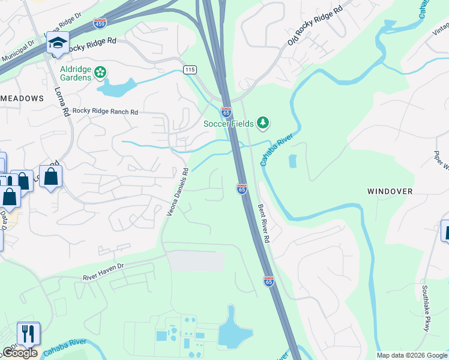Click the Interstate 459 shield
100,25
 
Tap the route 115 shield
190,70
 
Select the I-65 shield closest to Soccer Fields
226,112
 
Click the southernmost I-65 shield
268,281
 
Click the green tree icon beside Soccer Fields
262,123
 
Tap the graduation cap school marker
58,43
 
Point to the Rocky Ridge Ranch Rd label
105,112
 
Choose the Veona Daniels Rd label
178,191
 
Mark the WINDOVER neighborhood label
390,191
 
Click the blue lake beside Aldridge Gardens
118,88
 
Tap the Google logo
20,353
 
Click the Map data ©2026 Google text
411,355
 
